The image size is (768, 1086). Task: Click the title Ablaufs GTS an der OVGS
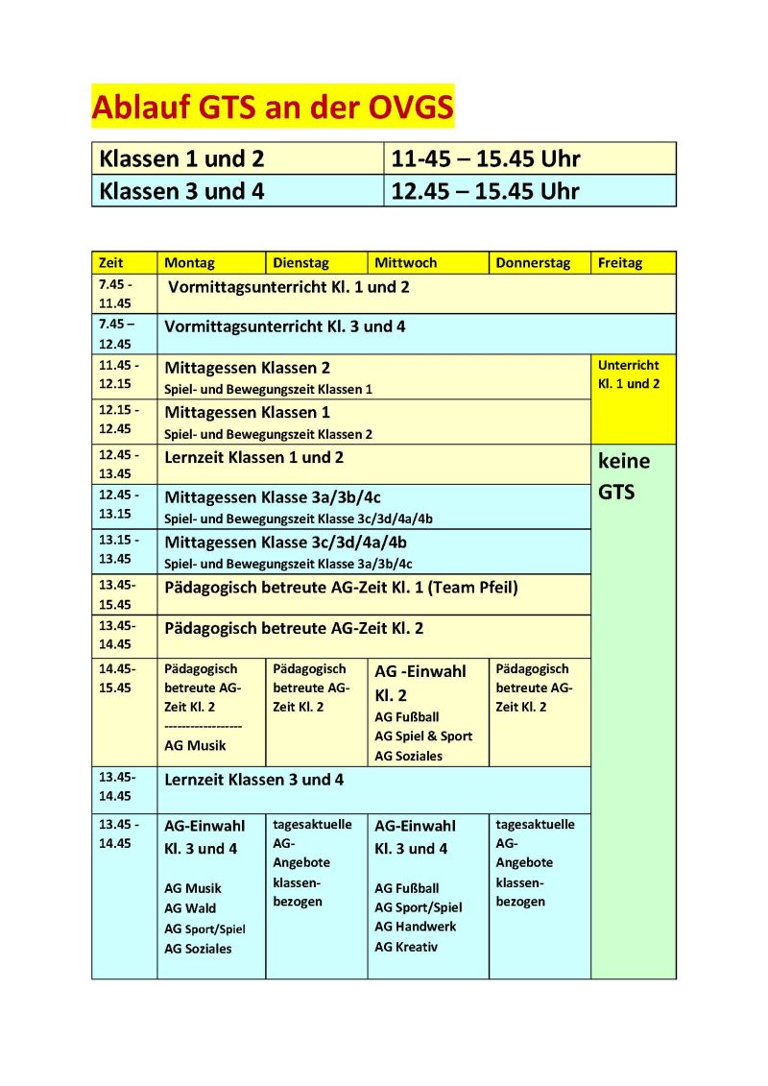tap(273, 107)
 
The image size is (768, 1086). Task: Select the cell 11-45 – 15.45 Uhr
tap(486, 158)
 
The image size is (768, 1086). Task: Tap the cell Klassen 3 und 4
tap(181, 190)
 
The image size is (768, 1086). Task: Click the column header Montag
tap(189, 262)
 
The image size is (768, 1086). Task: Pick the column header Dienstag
tap(300, 262)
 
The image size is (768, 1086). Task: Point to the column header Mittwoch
tap(405, 262)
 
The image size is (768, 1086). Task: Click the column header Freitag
tap(619, 262)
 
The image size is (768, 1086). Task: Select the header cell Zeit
tap(110, 262)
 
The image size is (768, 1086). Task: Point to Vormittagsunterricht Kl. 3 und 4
tap(285, 326)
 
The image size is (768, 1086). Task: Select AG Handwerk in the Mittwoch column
tap(415, 927)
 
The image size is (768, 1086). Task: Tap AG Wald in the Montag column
tap(190, 907)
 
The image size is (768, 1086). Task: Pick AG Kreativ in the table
tap(406, 947)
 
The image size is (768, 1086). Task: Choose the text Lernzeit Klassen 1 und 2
tap(253, 457)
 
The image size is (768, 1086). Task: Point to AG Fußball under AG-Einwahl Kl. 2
tap(407, 716)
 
